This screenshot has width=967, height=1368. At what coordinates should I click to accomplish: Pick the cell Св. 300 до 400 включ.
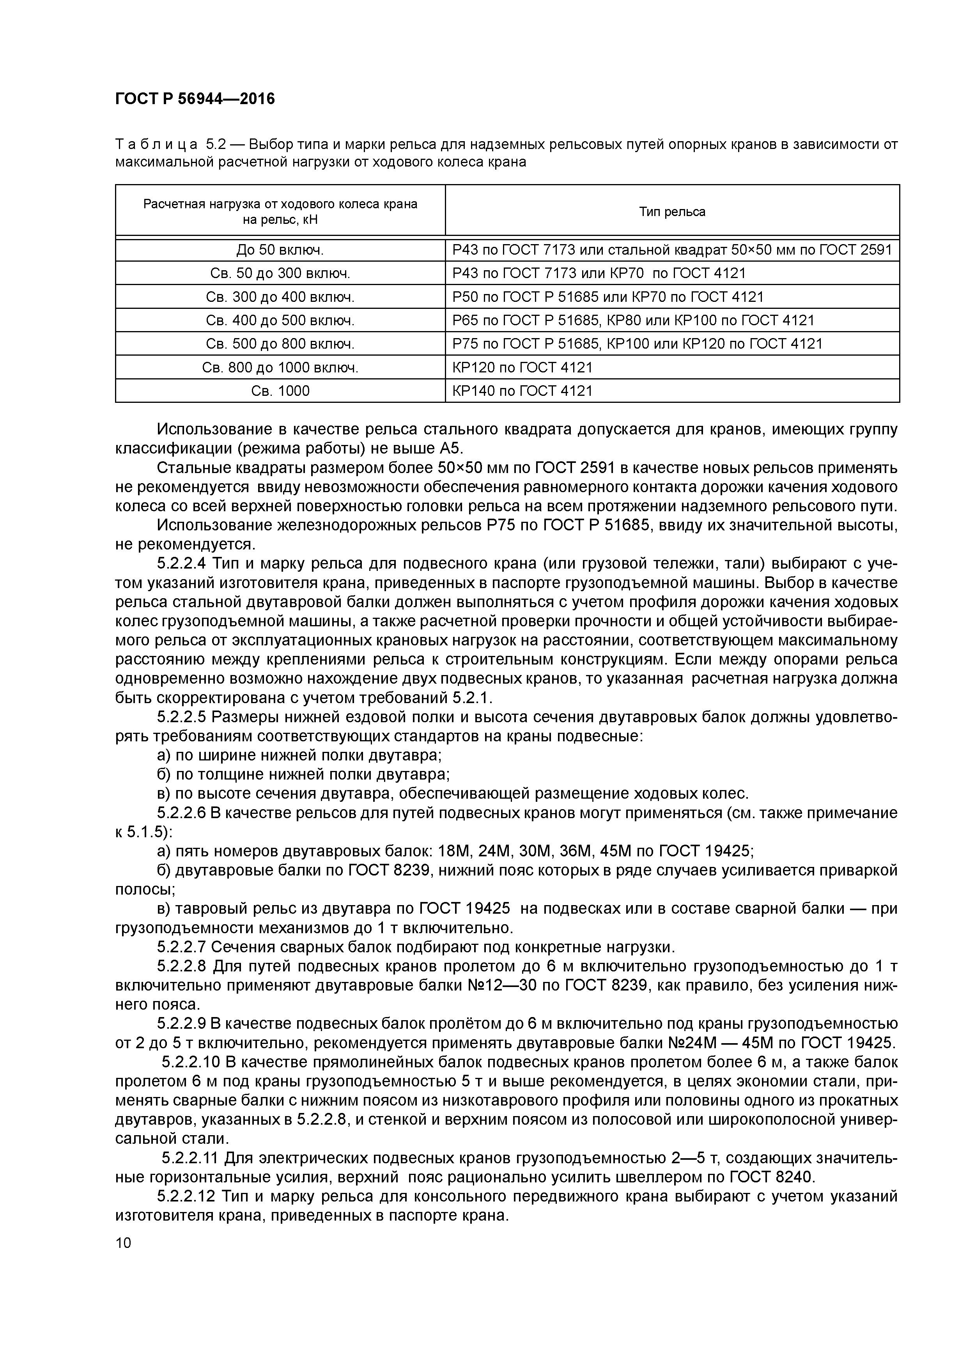click(280, 297)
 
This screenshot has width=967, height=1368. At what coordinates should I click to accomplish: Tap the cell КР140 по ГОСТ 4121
click(522, 391)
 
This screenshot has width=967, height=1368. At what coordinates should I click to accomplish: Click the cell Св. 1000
click(280, 391)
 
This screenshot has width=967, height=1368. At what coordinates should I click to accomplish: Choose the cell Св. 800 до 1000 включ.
click(280, 368)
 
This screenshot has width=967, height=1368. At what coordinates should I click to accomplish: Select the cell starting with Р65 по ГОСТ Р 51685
click(633, 321)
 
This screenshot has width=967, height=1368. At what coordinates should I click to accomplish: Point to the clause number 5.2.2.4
click(182, 563)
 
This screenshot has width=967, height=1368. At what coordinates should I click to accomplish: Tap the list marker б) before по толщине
click(165, 774)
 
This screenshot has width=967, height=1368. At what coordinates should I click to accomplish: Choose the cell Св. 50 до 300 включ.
click(280, 273)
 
